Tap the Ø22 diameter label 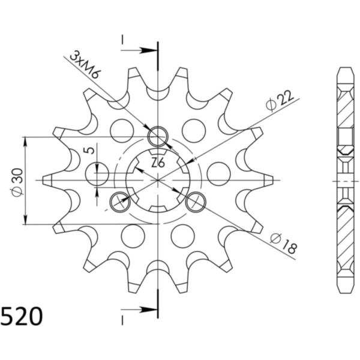click(280, 101)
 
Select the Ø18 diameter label click(283, 244)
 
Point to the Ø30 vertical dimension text click(17, 182)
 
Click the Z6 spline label click(158, 163)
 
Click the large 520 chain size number click(22, 316)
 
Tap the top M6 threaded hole click(158, 136)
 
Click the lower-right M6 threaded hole click(196, 202)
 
